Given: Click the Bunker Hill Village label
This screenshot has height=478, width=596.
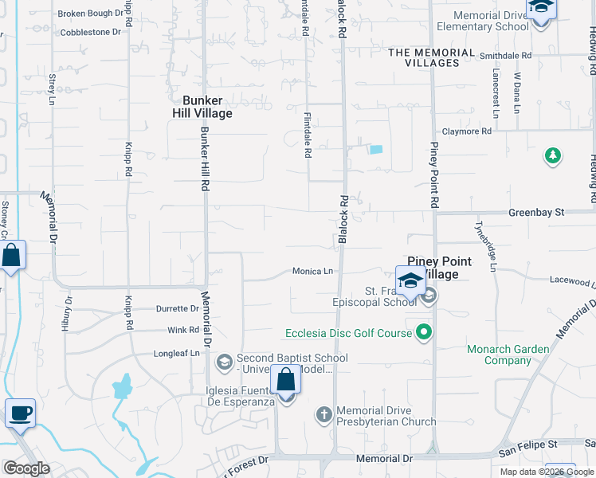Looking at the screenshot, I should coord(207,107).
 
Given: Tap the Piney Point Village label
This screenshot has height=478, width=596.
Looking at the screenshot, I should coord(440,268).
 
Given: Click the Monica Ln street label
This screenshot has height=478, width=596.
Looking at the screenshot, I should coord(312,271).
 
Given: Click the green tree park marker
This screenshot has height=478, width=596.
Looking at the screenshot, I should coord(553,155).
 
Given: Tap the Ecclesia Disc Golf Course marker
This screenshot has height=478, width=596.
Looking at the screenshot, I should coord(425,332).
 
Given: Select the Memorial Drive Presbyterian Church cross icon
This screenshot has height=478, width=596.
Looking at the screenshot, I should coord(323,414).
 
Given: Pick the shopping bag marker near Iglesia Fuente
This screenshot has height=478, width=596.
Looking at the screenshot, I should coord(285,380).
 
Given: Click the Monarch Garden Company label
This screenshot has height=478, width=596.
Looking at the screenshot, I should coord(508,355).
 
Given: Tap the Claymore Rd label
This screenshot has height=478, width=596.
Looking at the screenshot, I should coord(467,131).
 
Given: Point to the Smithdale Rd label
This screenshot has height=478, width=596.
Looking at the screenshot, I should coord(505,56).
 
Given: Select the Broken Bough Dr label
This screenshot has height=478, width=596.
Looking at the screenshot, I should coord(92,14).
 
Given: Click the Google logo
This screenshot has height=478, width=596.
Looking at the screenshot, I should coord(26,468).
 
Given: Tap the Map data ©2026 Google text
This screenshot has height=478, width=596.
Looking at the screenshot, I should coord(547,472).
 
